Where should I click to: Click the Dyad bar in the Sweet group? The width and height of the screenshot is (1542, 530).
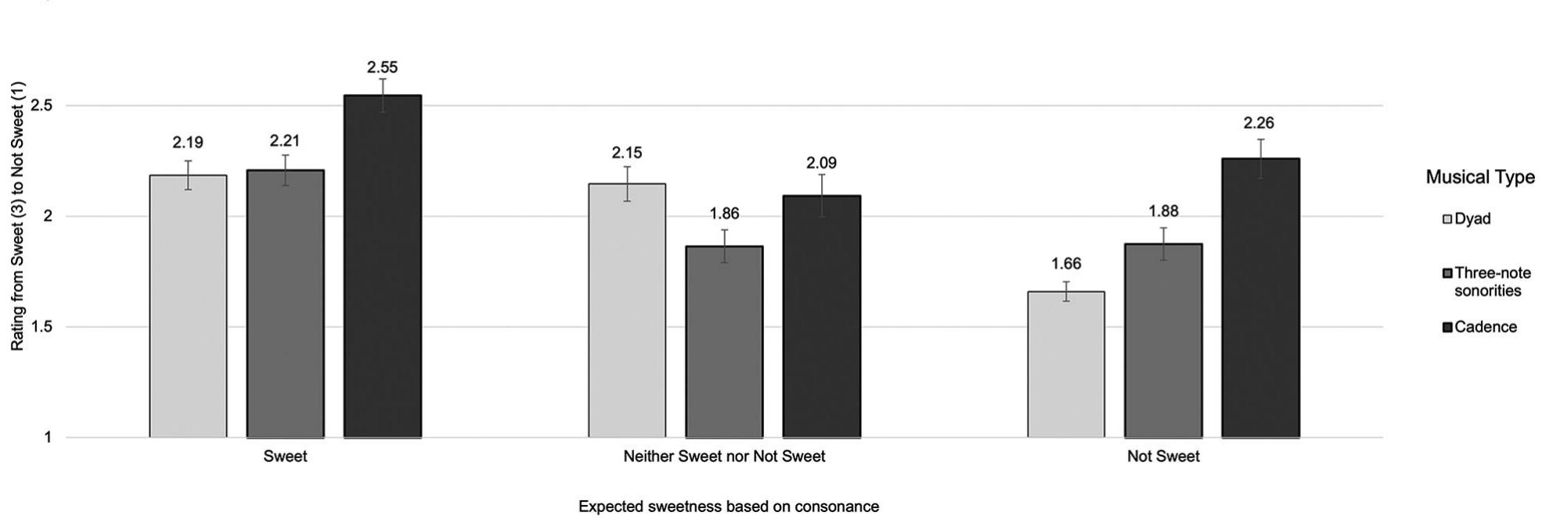tap(188, 305)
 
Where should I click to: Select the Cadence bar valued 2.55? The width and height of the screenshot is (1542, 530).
tap(382, 266)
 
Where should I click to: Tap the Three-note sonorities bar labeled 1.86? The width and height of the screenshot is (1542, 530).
tap(724, 341)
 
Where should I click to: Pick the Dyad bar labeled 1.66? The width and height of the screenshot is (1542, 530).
tap(1066, 364)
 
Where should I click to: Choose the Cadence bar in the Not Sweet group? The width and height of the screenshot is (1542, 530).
tap(1260, 297)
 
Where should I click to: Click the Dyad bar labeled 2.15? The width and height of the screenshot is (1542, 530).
tap(627, 310)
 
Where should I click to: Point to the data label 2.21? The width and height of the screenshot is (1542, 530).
tap(285, 141)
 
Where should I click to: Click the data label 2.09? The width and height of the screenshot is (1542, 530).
tap(821, 163)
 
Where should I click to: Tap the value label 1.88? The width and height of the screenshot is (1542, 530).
tap(1163, 211)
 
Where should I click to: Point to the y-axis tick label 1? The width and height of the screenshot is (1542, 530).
tap(48, 438)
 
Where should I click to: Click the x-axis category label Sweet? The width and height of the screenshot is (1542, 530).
tap(285, 456)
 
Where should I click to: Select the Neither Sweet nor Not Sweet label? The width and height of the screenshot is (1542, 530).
tap(724, 456)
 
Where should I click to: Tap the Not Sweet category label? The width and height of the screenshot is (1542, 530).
tap(1163, 456)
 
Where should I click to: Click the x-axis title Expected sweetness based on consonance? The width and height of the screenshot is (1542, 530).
tap(728, 507)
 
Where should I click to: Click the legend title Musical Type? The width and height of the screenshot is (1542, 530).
tap(1479, 177)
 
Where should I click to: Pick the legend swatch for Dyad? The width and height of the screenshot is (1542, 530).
tap(1447, 219)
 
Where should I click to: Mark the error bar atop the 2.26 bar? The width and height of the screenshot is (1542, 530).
tap(1260, 158)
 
